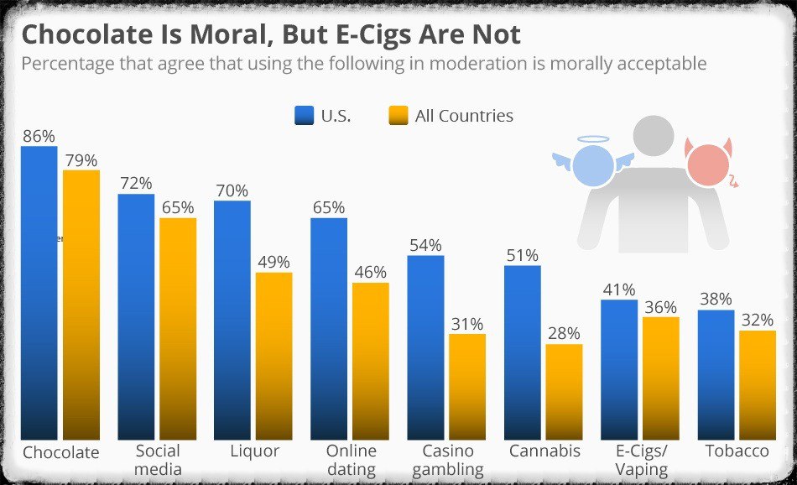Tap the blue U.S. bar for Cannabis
tap(522, 352)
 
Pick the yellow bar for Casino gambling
tap(467, 386)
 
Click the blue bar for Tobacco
tap(716, 373)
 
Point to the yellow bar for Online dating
tap(370, 361)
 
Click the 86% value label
tap(39, 136)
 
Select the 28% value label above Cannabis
tap(563, 333)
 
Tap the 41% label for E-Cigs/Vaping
tap(618, 289)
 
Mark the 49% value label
tap(273, 262)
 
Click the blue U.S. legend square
tap(304, 116)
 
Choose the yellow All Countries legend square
tap(398, 116)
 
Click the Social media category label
tap(157, 460)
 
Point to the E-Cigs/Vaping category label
tap(642, 460)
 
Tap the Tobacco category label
tap(737, 451)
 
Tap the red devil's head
tap(707, 164)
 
